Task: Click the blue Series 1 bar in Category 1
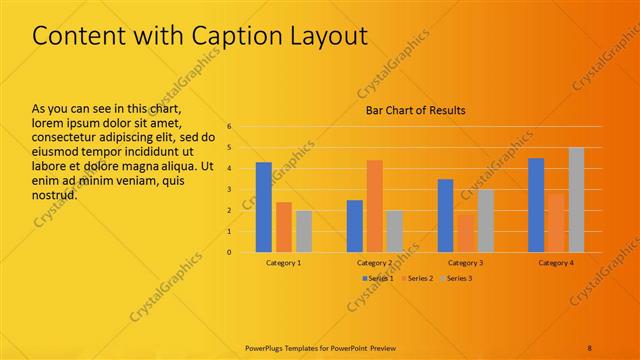pos(264,207)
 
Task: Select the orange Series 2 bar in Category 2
pos(374,206)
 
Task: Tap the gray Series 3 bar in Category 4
pos(576,200)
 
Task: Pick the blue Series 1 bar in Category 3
pos(445,215)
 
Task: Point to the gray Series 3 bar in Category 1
pos(304,231)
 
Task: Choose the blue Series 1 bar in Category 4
pos(536,205)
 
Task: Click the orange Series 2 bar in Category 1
pos(284,227)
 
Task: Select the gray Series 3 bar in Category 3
pos(485,221)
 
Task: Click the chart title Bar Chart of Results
pos(414,110)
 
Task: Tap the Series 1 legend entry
pos(378,278)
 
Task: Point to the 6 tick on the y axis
pos(229,127)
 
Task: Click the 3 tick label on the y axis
pos(229,190)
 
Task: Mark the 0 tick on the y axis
pos(229,252)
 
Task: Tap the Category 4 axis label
pos(556,262)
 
